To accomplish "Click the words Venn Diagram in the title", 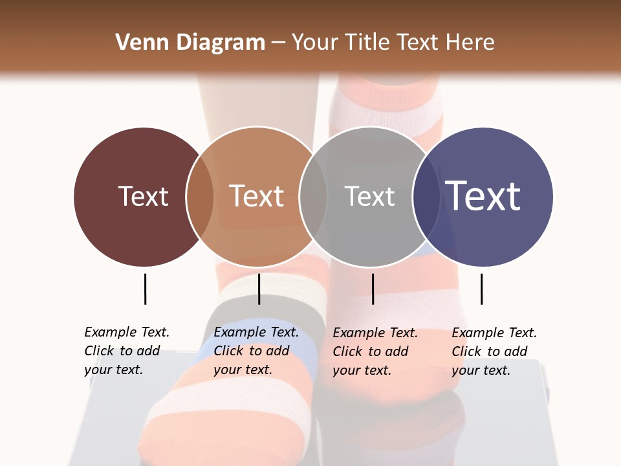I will tap(190, 43).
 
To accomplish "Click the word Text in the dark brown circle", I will tap(143, 197).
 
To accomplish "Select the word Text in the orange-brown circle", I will tap(257, 197).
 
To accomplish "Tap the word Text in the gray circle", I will tap(369, 197).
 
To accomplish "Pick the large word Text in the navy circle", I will tap(483, 196).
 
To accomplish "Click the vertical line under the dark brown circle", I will tap(145, 289).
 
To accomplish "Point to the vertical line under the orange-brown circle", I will tap(259, 289).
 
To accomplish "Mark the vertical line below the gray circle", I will tap(373, 289).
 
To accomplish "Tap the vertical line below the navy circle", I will tap(481, 289).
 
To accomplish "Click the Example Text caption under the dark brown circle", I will tap(127, 351).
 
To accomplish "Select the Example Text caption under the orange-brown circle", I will tap(256, 351).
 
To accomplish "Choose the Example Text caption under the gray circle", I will tap(375, 351).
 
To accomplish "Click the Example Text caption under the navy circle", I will tap(494, 351).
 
